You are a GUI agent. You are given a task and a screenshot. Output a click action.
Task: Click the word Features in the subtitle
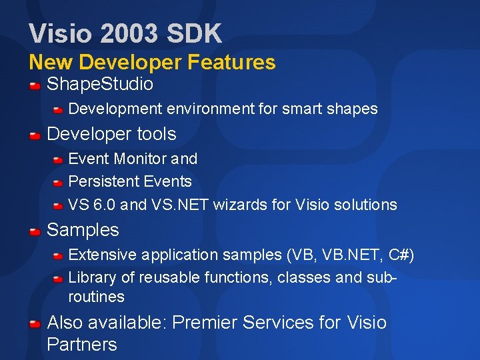click(x=231, y=63)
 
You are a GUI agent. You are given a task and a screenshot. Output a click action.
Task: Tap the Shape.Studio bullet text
click(x=100, y=85)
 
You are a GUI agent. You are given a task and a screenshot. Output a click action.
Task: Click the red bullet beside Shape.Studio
click(x=35, y=85)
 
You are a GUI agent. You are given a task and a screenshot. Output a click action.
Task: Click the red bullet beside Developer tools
click(x=35, y=135)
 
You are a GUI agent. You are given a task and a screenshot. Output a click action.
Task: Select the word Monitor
click(x=141, y=159)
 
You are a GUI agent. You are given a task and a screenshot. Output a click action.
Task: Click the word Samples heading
click(x=83, y=230)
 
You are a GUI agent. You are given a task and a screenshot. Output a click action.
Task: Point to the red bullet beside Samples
click(x=35, y=231)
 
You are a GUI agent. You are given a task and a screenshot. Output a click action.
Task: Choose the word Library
click(x=90, y=277)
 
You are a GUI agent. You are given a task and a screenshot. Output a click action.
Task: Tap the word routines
click(x=97, y=297)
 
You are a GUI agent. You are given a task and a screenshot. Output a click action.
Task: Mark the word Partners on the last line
click(x=82, y=345)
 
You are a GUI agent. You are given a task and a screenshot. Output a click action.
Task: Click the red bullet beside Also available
click(x=35, y=324)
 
